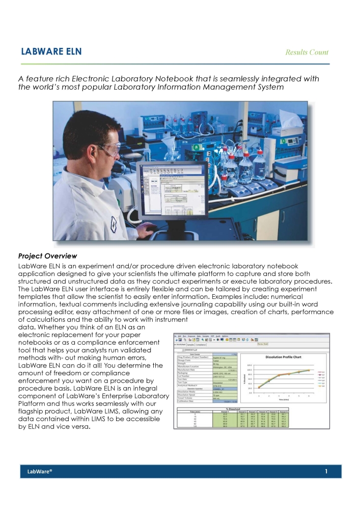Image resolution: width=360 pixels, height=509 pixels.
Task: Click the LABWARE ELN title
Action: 51,52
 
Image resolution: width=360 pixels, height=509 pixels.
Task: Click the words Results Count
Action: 307,52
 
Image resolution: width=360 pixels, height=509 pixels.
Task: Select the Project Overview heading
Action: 47,256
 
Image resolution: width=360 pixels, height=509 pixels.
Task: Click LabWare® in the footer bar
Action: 40,472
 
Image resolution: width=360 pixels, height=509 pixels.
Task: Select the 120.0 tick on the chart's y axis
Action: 249,365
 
